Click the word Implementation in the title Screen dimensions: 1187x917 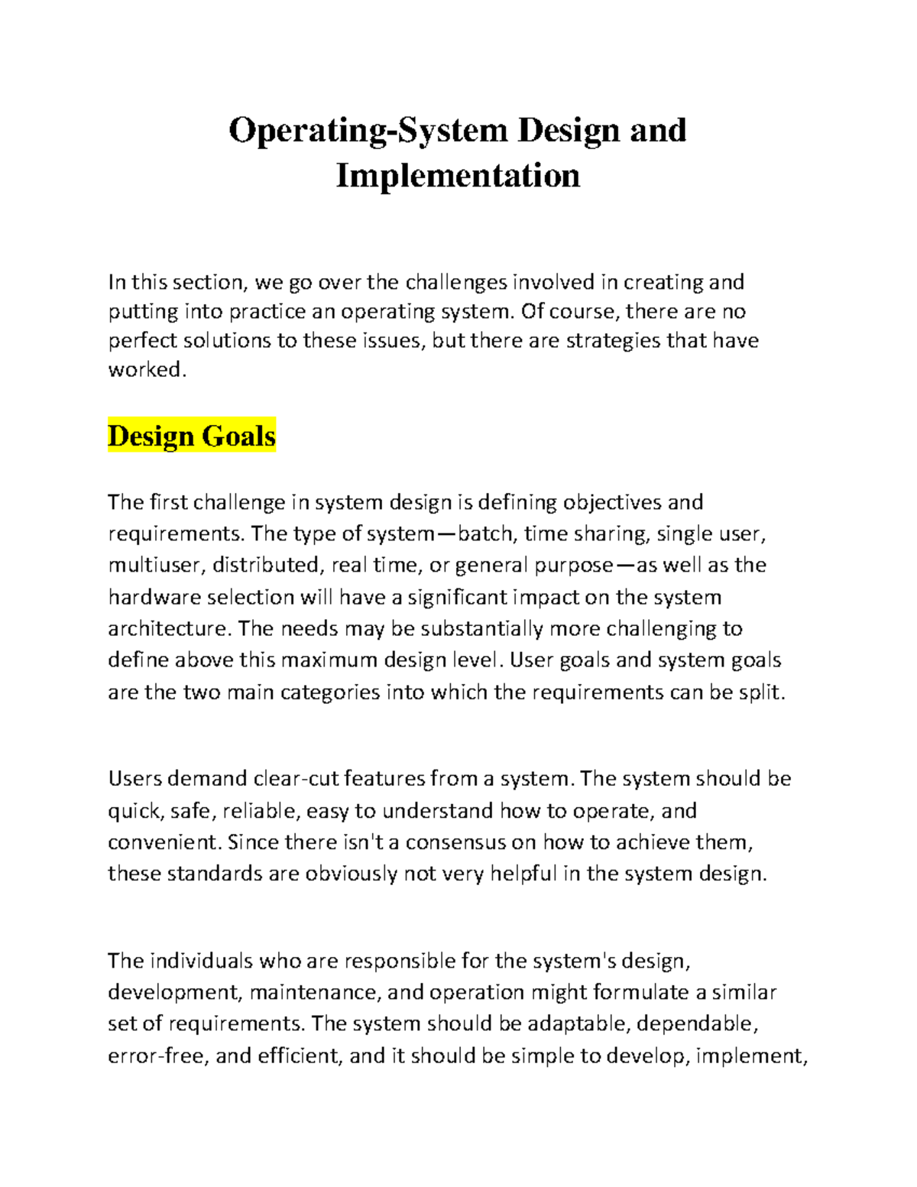point(458,175)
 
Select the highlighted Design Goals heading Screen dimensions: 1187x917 point(192,436)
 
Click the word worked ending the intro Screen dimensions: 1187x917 point(145,370)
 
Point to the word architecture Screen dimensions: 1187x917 point(168,628)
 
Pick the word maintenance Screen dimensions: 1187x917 point(315,992)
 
